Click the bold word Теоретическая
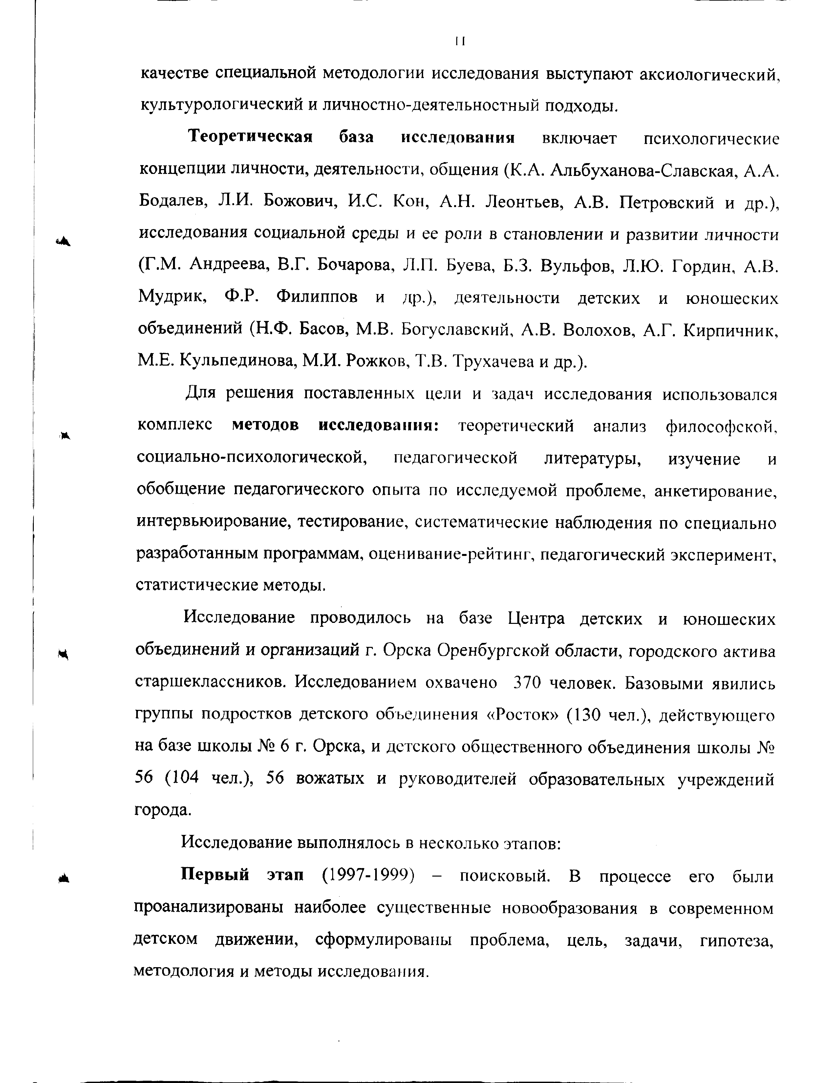[x=250, y=137]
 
